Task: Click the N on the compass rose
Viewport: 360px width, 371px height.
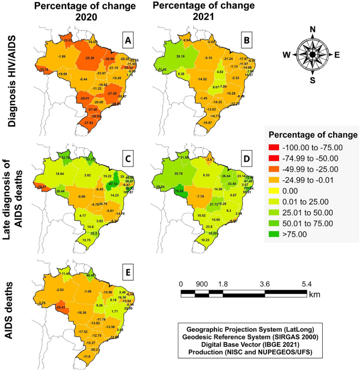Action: [313, 29]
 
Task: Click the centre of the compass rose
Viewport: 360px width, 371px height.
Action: [313, 54]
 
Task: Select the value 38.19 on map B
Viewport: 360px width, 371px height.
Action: [180, 56]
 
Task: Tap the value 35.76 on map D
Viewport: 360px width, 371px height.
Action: [178, 173]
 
